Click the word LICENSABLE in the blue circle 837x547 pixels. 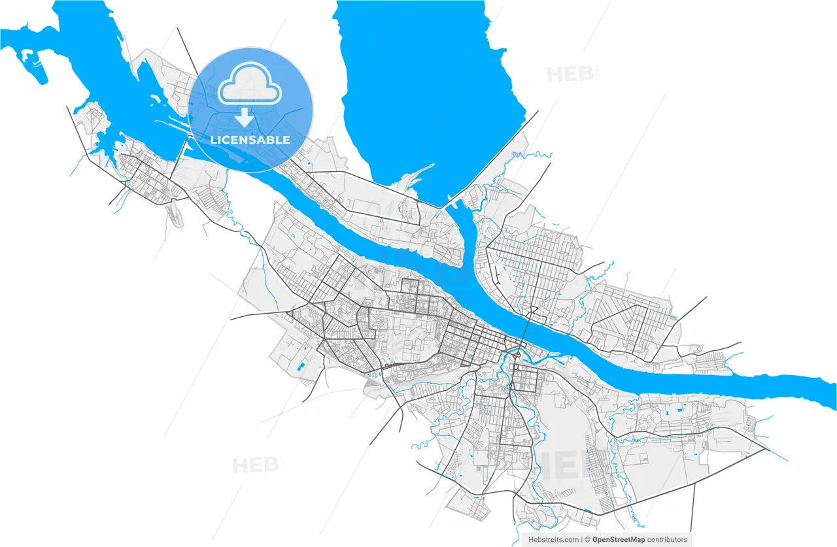250,140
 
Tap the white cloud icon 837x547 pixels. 250,89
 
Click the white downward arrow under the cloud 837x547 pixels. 245,118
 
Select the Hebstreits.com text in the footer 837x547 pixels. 553,540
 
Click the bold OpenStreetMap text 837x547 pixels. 619,540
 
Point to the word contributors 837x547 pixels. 668,540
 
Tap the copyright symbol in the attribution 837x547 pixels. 588,540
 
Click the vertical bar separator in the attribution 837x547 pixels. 581,540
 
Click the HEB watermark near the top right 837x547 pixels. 572,74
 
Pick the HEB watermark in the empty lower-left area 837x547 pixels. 256,465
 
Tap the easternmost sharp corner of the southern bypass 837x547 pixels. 768,450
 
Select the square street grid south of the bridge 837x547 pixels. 525,378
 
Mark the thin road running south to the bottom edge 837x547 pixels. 692,516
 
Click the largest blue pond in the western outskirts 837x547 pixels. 300,367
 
